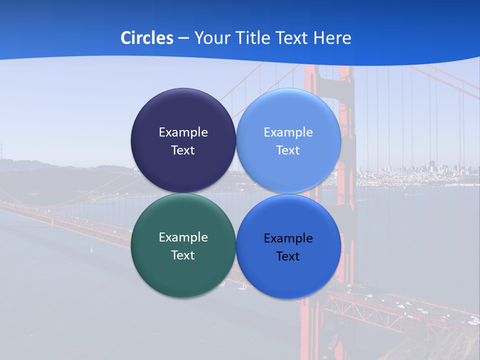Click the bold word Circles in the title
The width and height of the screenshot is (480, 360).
[x=146, y=38]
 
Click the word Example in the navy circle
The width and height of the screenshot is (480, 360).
[x=183, y=132]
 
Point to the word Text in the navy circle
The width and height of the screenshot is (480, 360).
[x=183, y=150]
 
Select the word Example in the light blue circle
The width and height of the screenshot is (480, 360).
[x=288, y=132]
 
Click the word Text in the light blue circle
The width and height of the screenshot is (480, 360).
[x=288, y=150]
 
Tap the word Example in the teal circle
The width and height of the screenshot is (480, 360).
[x=183, y=237]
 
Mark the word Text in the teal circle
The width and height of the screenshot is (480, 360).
[x=183, y=255]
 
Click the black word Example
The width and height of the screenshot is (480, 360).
[x=288, y=238]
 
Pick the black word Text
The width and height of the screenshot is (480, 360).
[x=288, y=256]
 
